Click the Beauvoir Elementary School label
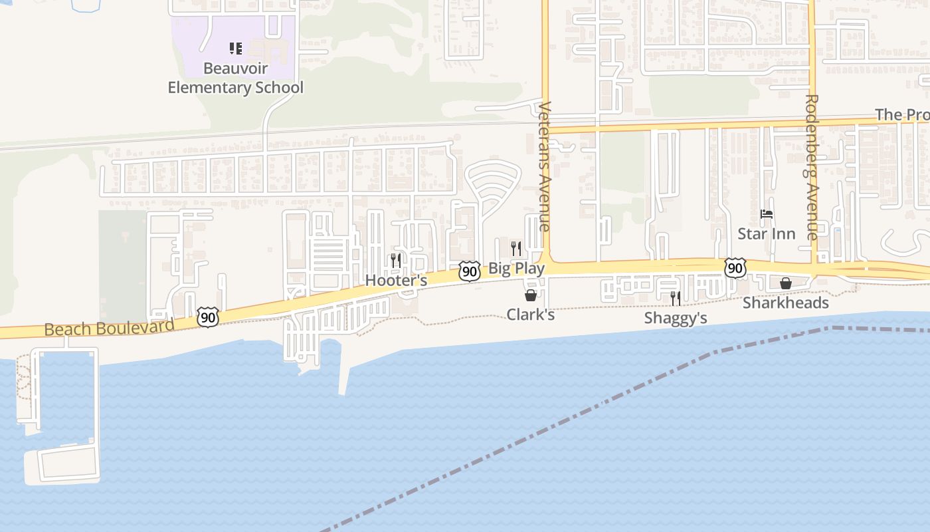point(235,78)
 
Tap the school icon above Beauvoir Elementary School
point(235,48)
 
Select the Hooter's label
point(396,281)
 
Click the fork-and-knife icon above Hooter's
point(396,260)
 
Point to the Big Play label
point(516,269)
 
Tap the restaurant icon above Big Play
point(515,249)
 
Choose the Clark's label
point(530,314)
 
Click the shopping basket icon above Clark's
point(531,295)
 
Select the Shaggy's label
point(675,318)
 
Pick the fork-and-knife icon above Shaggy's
point(675,298)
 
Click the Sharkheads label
point(785,303)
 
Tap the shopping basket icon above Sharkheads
point(785,283)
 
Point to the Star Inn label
point(766,234)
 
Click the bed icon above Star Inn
point(767,214)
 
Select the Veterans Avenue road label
point(545,166)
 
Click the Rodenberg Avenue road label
point(812,167)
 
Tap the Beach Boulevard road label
point(110,327)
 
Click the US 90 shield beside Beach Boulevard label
point(208,317)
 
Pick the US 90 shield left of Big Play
point(469,271)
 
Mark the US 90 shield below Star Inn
point(735,268)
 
